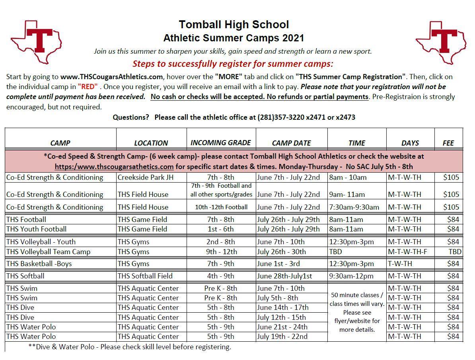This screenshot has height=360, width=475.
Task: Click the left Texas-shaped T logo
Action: pyautogui.click(x=37, y=41)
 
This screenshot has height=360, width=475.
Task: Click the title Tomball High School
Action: pyautogui.click(x=234, y=25)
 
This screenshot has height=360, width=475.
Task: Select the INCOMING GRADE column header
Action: pyautogui.click(x=221, y=142)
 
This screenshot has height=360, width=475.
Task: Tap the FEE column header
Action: pyautogui.click(x=448, y=143)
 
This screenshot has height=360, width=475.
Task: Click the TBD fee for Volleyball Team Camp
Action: pyautogui.click(x=455, y=252)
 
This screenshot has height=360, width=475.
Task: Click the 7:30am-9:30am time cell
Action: pyautogui.click(x=354, y=207)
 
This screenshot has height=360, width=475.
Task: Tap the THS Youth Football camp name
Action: pyautogui.click(x=37, y=229)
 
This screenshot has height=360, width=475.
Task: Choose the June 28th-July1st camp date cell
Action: pyautogui.click(x=284, y=276)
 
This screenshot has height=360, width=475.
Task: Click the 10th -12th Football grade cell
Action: pyautogui.click(x=221, y=207)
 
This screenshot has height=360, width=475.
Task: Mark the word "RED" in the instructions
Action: pyautogui.click(x=88, y=87)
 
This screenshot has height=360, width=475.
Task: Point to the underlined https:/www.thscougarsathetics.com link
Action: pyautogui.click(x=114, y=167)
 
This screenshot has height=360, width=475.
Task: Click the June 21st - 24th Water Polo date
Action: pyautogui.click(x=282, y=327)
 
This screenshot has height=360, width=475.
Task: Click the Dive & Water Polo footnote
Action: pyautogui.click(x=130, y=347)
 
